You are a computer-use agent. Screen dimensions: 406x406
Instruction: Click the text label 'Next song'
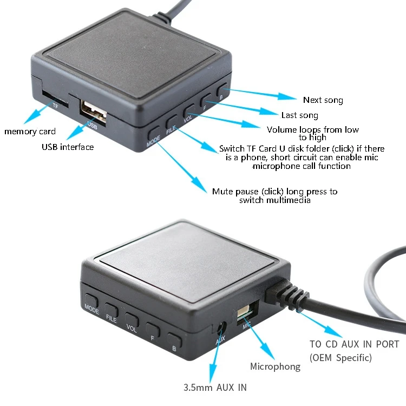[323, 100]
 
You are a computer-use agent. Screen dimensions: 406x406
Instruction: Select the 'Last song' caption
[299, 115]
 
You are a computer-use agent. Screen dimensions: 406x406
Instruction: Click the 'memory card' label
[30, 132]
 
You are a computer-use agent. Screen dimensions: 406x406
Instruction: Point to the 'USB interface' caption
[68, 147]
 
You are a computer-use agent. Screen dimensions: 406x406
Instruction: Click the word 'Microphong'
[275, 367]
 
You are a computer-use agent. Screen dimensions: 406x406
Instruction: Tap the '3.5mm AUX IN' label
[215, 388]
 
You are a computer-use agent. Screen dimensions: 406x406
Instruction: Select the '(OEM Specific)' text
[340, 358]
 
